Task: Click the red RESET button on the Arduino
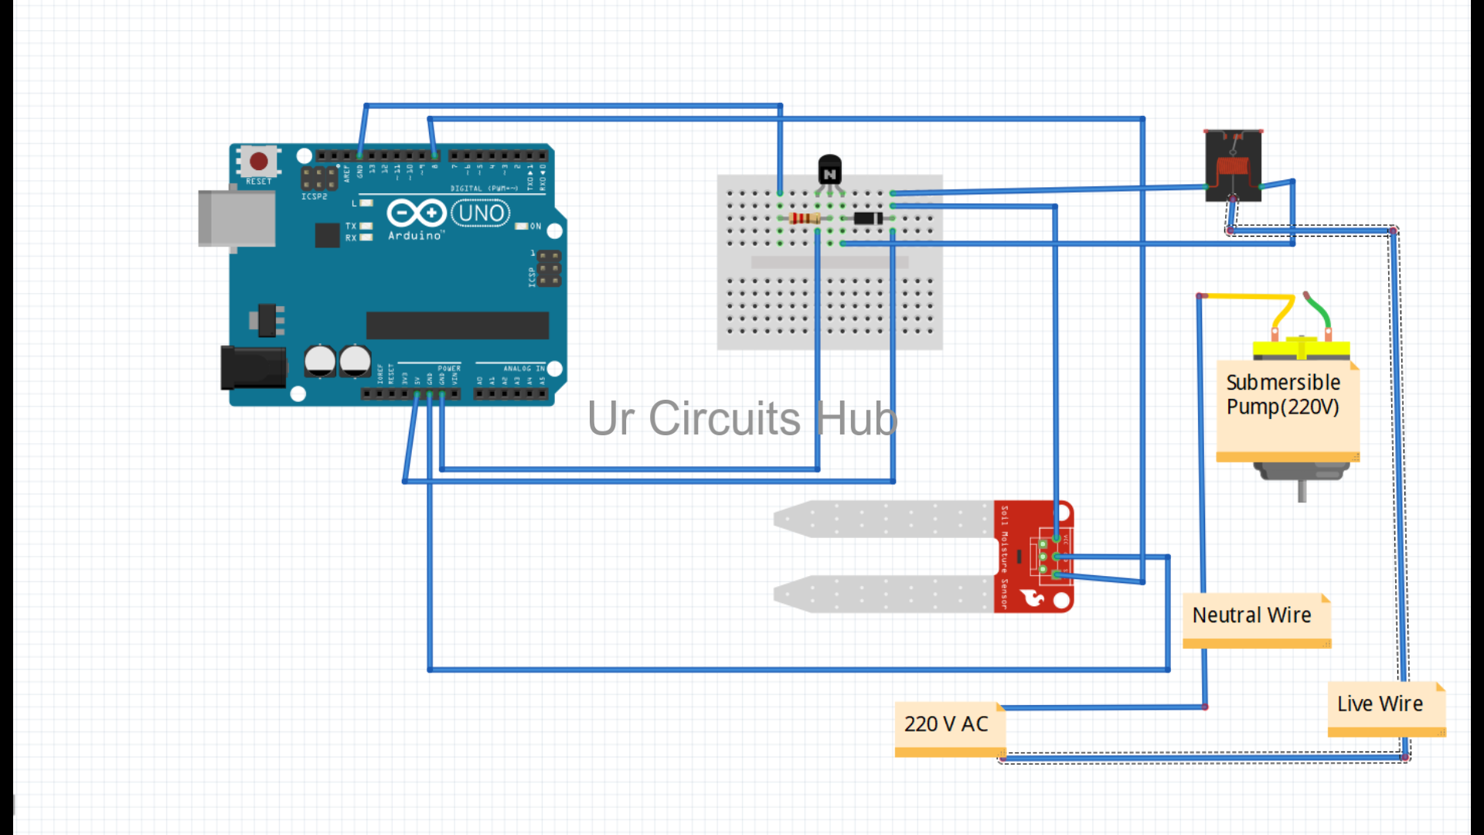pos(258,162)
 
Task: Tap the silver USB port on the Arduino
pos(237,219)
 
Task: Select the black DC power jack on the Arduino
pos(253,367)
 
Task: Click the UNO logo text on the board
pos(481,213)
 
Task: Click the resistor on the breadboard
pos(805,219)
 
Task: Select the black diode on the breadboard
pos(867,219)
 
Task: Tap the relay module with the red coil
pos(1233,165)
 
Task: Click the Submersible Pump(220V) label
pos(1283,395)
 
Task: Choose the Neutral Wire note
pos(1252,615)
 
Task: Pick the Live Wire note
pos(1380,704)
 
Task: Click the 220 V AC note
pos(946,724)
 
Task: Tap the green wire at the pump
pos(1320,309)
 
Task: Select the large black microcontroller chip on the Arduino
pos(457,325)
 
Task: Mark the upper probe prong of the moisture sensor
pos(881,519)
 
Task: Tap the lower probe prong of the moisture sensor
pos(881,594)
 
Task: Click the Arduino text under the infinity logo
pos(415,236)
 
